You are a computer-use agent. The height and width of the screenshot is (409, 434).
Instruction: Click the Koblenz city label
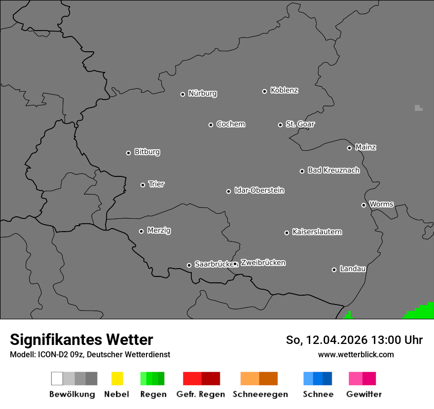point(284,90)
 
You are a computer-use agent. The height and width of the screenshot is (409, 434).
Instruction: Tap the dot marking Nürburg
point(182,94)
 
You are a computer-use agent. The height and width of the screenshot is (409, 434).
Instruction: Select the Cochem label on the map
point(231,124)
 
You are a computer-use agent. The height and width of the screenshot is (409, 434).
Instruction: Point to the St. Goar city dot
point(280,125)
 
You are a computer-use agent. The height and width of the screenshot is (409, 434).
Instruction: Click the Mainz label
point(365,147)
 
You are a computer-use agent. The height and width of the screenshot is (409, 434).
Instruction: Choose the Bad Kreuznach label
point(333,170)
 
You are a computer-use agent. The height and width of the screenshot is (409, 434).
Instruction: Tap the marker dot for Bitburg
point(128,153)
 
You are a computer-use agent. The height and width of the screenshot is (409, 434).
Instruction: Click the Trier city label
point(156,184)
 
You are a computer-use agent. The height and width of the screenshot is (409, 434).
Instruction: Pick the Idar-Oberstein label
point(259,190)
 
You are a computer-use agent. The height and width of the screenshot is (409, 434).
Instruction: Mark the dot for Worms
point(363,205)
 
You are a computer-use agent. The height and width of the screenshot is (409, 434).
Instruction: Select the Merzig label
point(159,231)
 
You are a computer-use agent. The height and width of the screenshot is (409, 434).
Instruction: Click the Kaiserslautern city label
point(317,232)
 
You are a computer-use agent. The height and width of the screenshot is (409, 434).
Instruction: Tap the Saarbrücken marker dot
point(189,265)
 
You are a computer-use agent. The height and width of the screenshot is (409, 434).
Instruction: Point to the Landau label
point(353,269)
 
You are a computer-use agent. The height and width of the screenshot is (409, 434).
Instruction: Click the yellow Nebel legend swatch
point(117,378)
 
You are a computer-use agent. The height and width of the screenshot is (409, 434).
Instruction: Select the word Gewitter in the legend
point(364,394)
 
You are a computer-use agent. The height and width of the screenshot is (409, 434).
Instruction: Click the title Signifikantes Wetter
point(81,340)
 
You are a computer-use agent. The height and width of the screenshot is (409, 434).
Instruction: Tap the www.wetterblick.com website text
point(356,354)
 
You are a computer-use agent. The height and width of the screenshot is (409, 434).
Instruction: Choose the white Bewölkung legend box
point(57,378)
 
